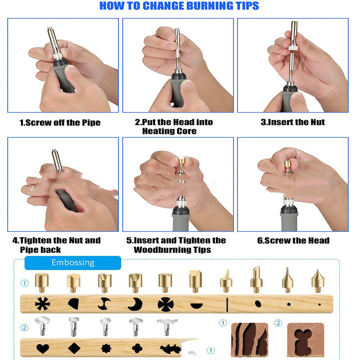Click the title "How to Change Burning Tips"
pyautogui.click(x=179, y=6)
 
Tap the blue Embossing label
pyautogui.click(x=73, y=263)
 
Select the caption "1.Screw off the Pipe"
pyautogui.click(x=60, y=122)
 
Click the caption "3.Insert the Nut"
pyautogui.click(x=293, y=122)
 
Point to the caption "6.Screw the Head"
pyautogui.click(x=293, y=240)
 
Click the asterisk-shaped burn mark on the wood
pyautogui.click(x=42, y=303)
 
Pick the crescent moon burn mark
pyautogui.click(x=135, y=304)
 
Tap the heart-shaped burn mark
pyautogui.click(x=43, y=349)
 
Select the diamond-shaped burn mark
pyautogui.click(x=74, y=348)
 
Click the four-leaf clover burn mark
pyautogui.click(x=137, y=348)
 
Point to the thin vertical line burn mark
pyautogui.click(x=227, y=305)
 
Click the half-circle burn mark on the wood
pyautogui.click(x=197, y=306)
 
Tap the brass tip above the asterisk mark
pyautogui.click(x=41, y=283)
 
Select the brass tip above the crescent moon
pyautogui.click(x=135, y=283)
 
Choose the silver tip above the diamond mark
pyautogui.click(x=74, y=327)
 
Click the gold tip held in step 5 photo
pyautogui.click(x=182, y=162)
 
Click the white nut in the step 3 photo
pyautogui.click(x=293, y=48)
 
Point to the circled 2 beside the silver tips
pyautogui.click(x=25, y=328)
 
